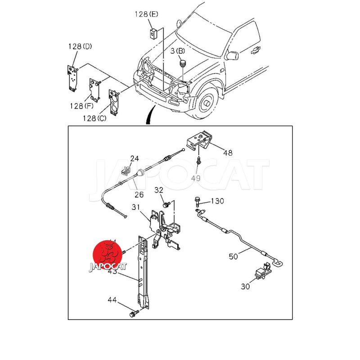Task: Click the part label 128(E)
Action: (x=146, y=14)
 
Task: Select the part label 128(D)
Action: (x=81, y=47)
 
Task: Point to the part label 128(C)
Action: (x=95, y=118)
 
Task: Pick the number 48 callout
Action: (x=228, y=153)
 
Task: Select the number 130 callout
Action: (x=217, y=201)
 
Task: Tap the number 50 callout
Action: (x=233, y=256)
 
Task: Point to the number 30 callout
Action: (x=245, y=286)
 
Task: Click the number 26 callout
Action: (x=139, y=195)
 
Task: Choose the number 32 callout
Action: (x=158, y=190)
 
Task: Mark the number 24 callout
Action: (x=135, y=158)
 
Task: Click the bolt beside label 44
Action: (x=132, y=313)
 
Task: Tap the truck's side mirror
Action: (x=232, y=55)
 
